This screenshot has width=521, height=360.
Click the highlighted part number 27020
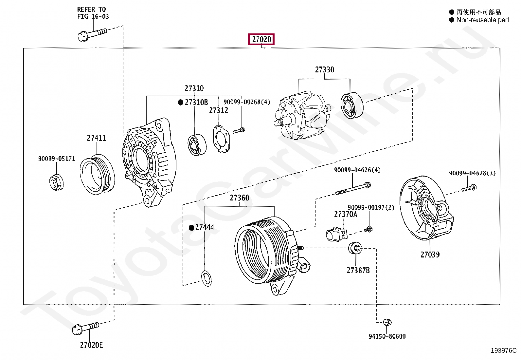(261, 40)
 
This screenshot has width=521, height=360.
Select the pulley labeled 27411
(97, 174)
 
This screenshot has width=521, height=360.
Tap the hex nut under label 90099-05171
(56, 182)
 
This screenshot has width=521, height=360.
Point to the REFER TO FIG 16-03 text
(93, 13)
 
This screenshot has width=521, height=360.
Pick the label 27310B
(196, 103)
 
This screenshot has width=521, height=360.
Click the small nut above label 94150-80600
(387, 322)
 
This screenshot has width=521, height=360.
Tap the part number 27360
(239, 198)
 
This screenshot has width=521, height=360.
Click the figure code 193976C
(503, 351)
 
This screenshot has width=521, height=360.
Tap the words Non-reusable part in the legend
(482, 20)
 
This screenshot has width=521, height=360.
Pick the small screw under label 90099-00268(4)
(239, 131)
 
